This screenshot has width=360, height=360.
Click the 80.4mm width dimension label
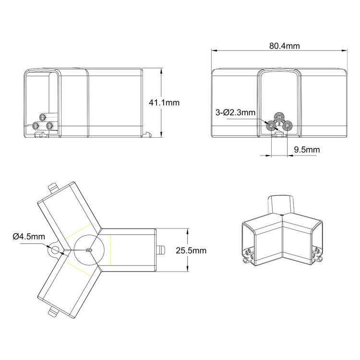coord(285,46)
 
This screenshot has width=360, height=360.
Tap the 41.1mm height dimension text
coord(164,102)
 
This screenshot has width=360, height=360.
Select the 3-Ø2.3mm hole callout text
coord(236,112)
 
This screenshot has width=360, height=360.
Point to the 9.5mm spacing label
coord(306,150)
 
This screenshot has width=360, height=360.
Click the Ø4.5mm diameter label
coord(29,236)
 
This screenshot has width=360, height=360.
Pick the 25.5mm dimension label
coord(191,250)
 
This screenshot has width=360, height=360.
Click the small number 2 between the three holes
coord(279,123)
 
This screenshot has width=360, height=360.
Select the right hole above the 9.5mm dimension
coord(287,126)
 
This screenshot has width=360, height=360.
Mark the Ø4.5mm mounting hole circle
coord(55,250)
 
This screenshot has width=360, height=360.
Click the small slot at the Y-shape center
coord(88,250)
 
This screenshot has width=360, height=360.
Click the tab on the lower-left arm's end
coord(52,313)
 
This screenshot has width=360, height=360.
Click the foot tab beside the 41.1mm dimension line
coord(146,135)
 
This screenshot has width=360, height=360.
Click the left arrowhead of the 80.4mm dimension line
coord(214,50)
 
